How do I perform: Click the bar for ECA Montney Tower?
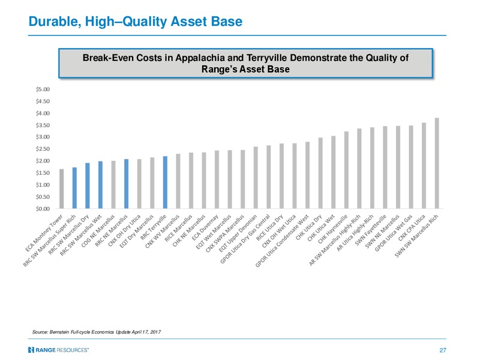pos(62,188)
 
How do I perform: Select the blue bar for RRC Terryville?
pos(165,182)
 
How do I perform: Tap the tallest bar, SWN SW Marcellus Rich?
pos(437,163)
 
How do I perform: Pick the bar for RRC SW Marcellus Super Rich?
pos(74,188)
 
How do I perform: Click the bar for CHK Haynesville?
pos(346,170)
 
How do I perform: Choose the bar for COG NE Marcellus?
pos(113,185)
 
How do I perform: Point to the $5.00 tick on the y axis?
pos(43,89)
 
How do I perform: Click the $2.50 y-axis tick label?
pos(43,149)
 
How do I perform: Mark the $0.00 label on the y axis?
pos(43,209)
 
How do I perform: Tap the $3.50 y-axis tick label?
pos(43,125)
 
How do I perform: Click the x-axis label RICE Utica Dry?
pos(270,227)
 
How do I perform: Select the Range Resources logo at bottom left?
pos(58,350)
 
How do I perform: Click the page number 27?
pos(443,350)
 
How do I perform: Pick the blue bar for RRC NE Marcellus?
pos(126,184)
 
